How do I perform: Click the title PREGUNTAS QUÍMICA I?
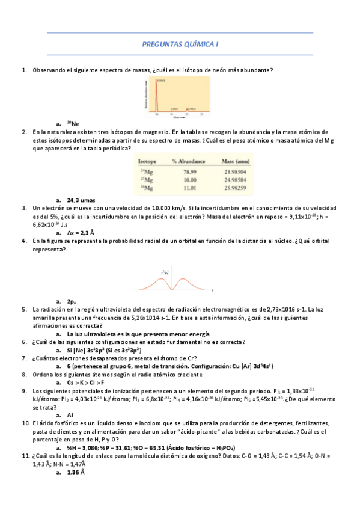click(180, 44)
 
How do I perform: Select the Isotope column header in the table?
click(148, 161)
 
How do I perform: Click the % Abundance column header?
click(189, 161)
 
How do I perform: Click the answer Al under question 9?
click(70, 414)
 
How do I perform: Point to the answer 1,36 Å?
click(76, 472)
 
